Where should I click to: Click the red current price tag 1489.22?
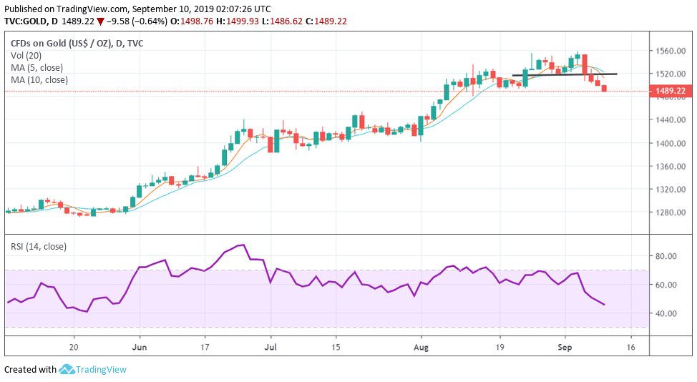click(669, 91)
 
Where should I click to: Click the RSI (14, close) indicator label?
click(39, 247)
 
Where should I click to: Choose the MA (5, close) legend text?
click(37, 67)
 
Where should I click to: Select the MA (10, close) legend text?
click(39, 79)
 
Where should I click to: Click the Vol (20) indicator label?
click(25, 55)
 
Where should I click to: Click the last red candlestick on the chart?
click(605, 89)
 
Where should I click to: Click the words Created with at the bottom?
click(30, 370)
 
